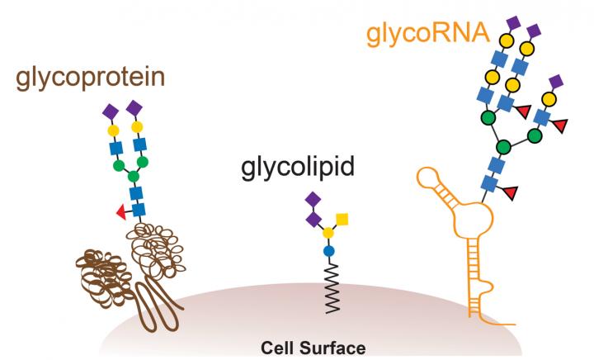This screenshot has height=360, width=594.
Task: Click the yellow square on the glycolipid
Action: coord(341,219)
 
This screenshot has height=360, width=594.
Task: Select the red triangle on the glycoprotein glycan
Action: coord(121,213)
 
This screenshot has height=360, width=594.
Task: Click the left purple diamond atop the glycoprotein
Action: coord(111,109)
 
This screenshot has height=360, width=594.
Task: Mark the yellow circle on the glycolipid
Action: coord(328,234)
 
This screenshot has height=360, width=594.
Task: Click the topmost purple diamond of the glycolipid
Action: coord(313,199)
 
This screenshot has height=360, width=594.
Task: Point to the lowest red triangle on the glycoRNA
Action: coord(510,193)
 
